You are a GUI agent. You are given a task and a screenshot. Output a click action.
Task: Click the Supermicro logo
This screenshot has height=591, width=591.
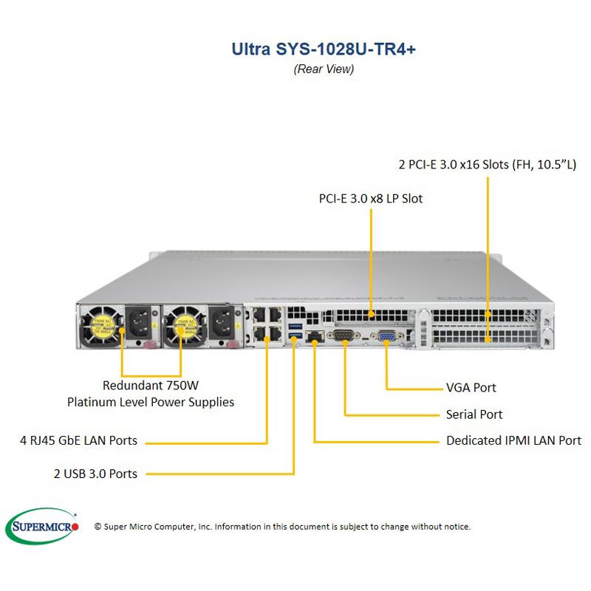click(46, 525)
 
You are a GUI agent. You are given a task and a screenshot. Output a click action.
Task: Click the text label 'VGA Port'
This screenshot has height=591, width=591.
click(471, 387)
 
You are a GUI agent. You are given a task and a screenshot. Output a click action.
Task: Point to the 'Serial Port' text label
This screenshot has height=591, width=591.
click(474, 414)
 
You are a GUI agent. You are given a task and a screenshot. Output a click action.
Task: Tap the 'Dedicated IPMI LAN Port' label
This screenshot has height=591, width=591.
click(513, 441)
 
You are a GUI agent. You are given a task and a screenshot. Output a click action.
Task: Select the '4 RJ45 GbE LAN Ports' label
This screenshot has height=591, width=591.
click(78, 441)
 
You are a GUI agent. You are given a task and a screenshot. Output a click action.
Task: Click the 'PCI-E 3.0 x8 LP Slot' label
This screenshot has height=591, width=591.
click(371, 199)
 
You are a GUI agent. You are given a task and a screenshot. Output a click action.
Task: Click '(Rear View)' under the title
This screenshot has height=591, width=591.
click(324, 69)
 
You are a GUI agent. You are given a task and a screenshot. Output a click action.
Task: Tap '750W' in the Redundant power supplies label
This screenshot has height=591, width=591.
click(183, 385)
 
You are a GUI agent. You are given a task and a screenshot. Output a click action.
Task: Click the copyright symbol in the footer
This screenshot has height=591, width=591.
click(98, 527)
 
